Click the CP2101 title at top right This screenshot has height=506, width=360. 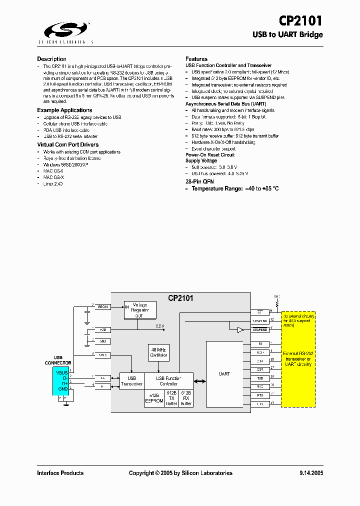click(300, 20)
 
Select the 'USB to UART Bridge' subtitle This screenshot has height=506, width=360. click(287, 34)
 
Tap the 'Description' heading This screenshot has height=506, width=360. click(51, 59)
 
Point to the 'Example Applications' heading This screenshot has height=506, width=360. click(64, 110)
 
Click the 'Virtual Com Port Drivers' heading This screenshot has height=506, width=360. click(67, 144)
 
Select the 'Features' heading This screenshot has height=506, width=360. click(196, 59)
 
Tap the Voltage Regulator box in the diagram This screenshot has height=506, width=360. click(140, 310)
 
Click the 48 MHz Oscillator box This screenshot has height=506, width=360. click(158, 352)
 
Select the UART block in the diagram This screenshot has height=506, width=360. click(224, 373)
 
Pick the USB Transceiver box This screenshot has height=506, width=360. click(131, 381)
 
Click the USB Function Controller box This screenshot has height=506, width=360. click(168, 381)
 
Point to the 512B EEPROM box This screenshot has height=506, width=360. click(153, 398)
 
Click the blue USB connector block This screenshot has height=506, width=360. click(61, 381)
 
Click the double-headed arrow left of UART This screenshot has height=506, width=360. click(200, 381)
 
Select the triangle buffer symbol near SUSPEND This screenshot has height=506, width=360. click(240, 330)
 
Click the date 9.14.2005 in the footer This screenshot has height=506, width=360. click(311, 473)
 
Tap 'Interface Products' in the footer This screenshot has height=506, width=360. click(60, 473)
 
